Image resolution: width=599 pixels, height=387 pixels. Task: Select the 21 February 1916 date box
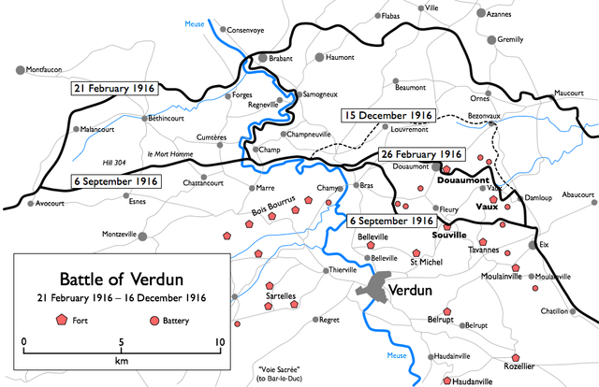(114, 87)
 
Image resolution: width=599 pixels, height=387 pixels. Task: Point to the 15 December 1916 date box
(387, 116)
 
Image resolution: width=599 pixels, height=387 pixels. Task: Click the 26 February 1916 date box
(422, 153)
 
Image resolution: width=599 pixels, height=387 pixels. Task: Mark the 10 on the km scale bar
(219, 341)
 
